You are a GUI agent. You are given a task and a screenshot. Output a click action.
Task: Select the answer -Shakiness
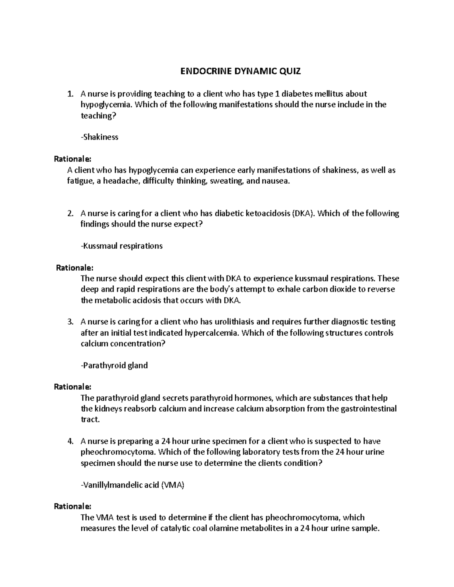pyautogui.click(x=100, y=137)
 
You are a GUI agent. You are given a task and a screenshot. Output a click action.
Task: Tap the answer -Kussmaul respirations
pyautogui.click(x=122, y=246)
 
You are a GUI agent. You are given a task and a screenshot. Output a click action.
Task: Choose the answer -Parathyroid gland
pyautogui.click(x=114, y=366)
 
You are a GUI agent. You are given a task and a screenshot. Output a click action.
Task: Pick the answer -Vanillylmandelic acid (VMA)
pyautogui.click(x=133, y=485)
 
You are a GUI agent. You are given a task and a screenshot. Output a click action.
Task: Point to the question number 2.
pyautogui.click(x=70, y=214)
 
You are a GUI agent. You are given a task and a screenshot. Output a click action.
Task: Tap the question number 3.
pyautogui.click(x=70, y=322)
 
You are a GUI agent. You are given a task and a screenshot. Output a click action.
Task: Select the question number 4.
pyautogui.click(x=70, y=441)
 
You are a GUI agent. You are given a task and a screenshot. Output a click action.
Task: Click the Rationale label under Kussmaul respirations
pyautogui.click(x=75, y=268)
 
